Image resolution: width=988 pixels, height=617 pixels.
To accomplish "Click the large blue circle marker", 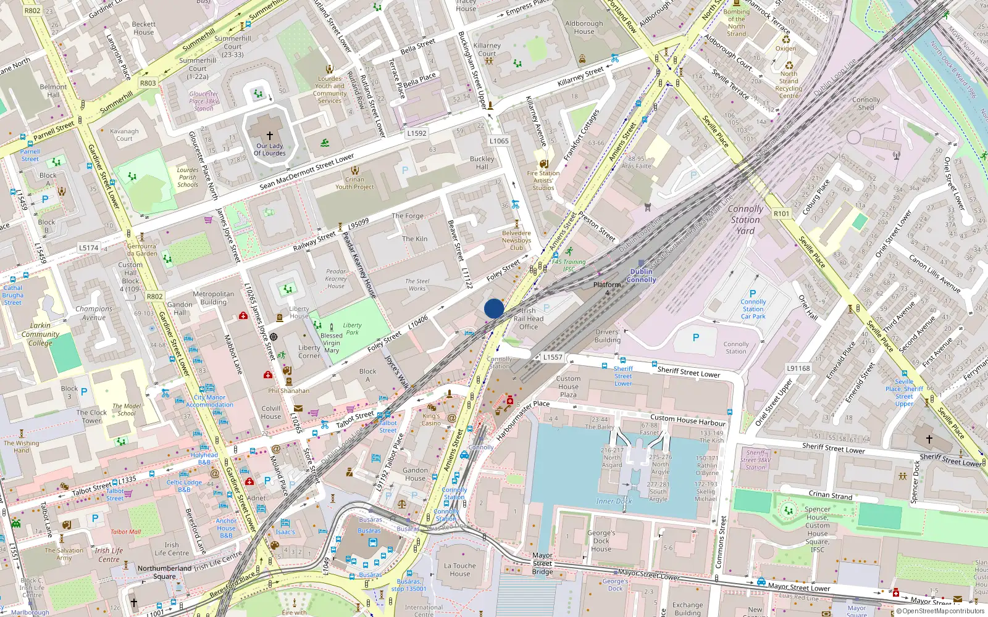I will pos(494,308).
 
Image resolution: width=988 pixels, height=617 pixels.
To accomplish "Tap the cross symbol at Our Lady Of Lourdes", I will pos(269,135).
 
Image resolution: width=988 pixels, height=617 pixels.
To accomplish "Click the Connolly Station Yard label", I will pos(745,220).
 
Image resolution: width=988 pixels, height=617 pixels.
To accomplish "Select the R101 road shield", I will pos(781,213).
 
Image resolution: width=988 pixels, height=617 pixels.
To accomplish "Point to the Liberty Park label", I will pos(352,329).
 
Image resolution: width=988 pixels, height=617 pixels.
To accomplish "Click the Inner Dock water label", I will pos(614,501).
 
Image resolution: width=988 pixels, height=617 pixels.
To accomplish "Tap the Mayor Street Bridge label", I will pos(542,563).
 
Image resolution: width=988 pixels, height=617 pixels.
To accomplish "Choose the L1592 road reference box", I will pos(417,133).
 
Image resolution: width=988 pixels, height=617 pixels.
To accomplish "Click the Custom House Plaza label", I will pos(568,387).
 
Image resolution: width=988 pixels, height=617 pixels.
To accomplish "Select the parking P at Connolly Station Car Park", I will pos(753,294).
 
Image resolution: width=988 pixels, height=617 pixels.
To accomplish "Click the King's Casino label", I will pos(431,420).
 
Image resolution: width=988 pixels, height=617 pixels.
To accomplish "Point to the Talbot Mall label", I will pos(125,532).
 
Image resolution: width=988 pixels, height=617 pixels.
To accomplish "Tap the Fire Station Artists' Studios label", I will pos(543,181).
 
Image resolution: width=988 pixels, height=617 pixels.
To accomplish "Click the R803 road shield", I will pos(148,83).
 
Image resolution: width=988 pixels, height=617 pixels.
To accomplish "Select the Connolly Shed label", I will pos(866,103).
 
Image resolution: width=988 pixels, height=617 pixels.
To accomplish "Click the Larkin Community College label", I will pos(40,334).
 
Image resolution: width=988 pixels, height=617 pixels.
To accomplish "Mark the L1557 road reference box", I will pos(553,357).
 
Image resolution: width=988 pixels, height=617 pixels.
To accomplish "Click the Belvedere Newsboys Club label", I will pos(516,241).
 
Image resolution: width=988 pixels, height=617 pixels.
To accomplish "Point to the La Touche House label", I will pos(460,569).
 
